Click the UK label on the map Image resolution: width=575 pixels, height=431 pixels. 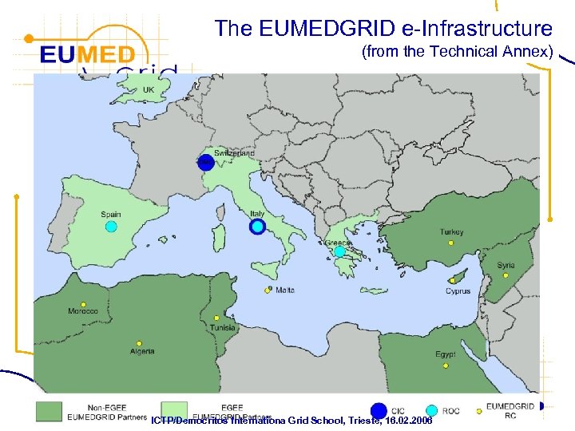click(x=149, y=90)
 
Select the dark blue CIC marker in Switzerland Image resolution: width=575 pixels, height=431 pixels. click(x=206, y=162)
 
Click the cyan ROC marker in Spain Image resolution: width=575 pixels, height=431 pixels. click(x=112, y=227)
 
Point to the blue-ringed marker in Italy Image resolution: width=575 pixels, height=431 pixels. click(x=257, y=227)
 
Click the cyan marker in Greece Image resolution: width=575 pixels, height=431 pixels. click(x=339, y=251)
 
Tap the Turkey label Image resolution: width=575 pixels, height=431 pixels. click(x=451, y=232)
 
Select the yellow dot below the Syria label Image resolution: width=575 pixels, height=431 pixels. click(x=506, y=275)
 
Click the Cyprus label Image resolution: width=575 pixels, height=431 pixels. click(x=458, y=291)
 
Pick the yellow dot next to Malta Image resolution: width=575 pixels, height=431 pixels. click(x=268, y=291)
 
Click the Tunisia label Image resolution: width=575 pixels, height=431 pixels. click(x=223, y=328)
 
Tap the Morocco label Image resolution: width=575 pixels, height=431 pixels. click(x=83, y=311)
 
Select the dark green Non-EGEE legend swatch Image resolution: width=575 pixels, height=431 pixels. click(x=49, y=410)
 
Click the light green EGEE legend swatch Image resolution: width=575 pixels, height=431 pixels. click(x=173, y=410)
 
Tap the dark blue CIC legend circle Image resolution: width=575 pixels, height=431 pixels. click(x=379, y=410)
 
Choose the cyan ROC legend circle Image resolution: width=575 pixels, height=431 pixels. click(x=432, y=410)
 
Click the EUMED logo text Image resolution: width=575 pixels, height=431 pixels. click(x=88, y=56)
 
